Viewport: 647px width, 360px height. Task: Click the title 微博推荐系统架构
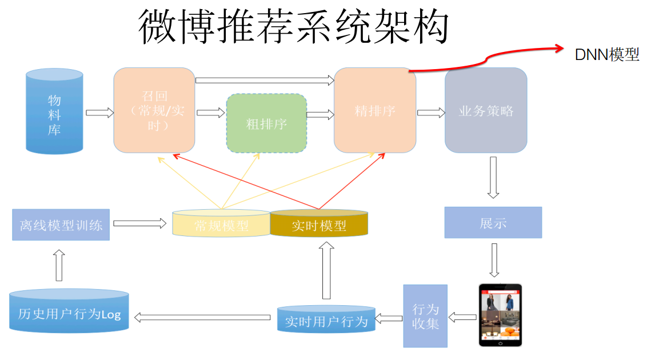point(293,27)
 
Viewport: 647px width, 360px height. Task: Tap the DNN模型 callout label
point(606,55)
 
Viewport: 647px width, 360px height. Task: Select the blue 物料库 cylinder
point(54,111)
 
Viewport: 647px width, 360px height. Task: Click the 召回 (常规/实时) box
point(154,110)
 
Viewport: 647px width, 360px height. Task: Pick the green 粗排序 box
point(266,123)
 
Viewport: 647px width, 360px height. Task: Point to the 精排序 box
point(375,110)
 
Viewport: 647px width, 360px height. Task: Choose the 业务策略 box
point(486,110)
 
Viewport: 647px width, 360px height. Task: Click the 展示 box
point(493,222)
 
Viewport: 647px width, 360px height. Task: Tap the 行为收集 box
point(425,315)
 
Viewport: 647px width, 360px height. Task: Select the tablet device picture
point(500,315)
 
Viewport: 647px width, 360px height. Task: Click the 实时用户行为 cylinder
point(326,319)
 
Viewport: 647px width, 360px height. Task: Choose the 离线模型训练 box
point(61,224)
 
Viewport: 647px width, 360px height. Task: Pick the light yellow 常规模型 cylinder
point(221,223)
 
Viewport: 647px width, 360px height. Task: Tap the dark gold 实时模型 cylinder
point(319,223)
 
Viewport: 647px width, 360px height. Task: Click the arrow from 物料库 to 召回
point(99,113)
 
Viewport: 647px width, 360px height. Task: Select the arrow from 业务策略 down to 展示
point(492,177)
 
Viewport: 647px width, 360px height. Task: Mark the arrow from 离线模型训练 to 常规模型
point(139,223)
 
